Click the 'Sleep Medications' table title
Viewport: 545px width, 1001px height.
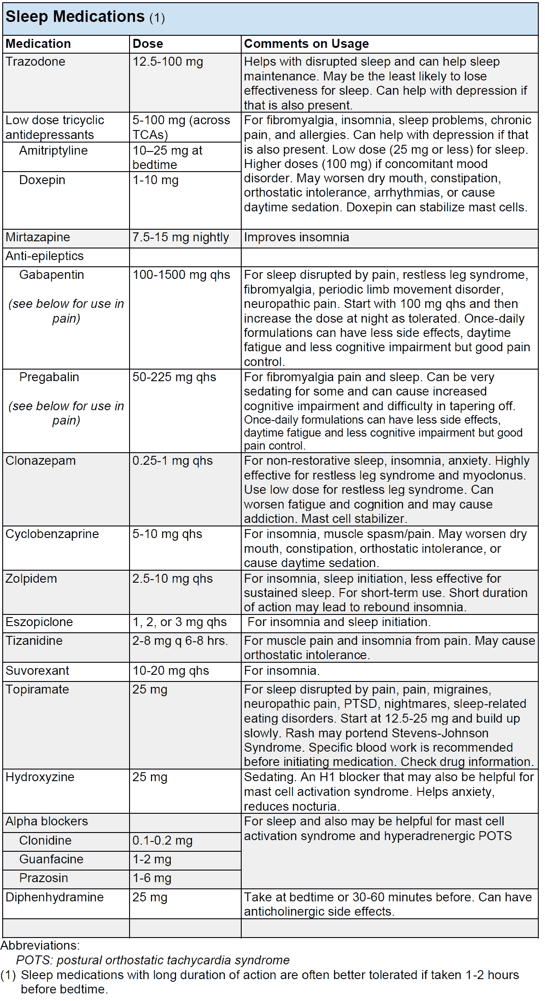click(75, 17)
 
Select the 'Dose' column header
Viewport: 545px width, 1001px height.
click(147, 44)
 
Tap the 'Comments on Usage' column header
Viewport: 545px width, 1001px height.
click(306, 44)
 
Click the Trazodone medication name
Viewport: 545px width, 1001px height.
click(35, 62)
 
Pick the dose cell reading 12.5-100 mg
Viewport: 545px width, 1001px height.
click(168, 62)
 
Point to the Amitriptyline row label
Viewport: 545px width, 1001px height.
click(53, 151)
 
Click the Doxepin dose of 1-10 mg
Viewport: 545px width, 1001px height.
click(155, 181)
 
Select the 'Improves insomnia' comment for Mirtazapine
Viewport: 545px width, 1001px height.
click(296, 237)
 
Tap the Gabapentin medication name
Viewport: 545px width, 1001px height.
click(51, 275)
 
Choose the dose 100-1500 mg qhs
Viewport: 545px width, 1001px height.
click(181, 275)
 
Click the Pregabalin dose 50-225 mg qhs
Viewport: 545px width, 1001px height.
click(174, 377)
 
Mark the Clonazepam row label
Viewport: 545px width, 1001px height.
click(41, 461)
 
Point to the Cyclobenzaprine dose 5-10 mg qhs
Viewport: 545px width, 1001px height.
click(167, 534)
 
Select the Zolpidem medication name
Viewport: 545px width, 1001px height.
click(31, 579)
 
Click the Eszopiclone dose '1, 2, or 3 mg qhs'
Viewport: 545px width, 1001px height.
click(179, 622)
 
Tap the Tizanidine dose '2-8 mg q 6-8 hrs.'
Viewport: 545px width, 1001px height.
click(180, 641)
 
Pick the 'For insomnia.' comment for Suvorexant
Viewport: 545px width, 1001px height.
click(281, 671)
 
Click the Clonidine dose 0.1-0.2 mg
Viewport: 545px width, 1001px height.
click(162, 841)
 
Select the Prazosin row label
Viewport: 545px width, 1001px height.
click(43, 878)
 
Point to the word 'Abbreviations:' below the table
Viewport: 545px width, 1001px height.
click(40, 946)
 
